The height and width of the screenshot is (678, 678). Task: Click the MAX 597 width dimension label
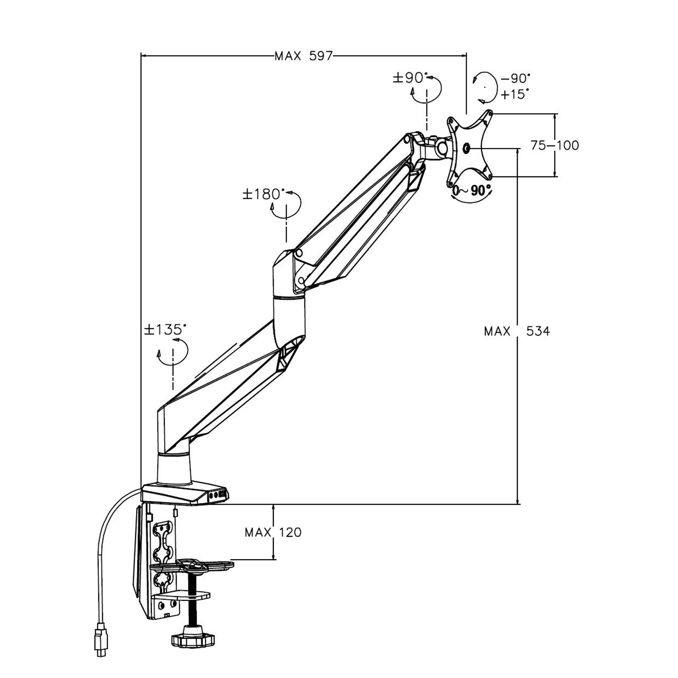point(304,56)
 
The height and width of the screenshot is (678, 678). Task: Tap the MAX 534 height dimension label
point(517,331)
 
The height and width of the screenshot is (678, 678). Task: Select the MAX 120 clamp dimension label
point(273,532)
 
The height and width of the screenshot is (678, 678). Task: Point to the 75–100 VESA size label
point(555,145)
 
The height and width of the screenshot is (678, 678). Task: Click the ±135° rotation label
point(165,329)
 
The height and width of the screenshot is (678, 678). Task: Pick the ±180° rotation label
point(263,194)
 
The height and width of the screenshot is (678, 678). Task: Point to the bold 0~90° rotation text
point(471,190)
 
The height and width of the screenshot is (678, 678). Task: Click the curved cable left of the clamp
point(103,551)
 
